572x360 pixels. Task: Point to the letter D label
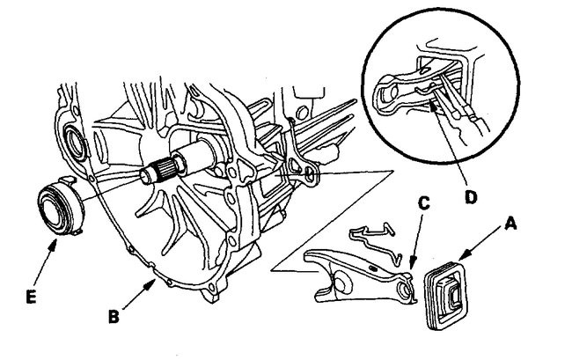coord(473,197)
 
